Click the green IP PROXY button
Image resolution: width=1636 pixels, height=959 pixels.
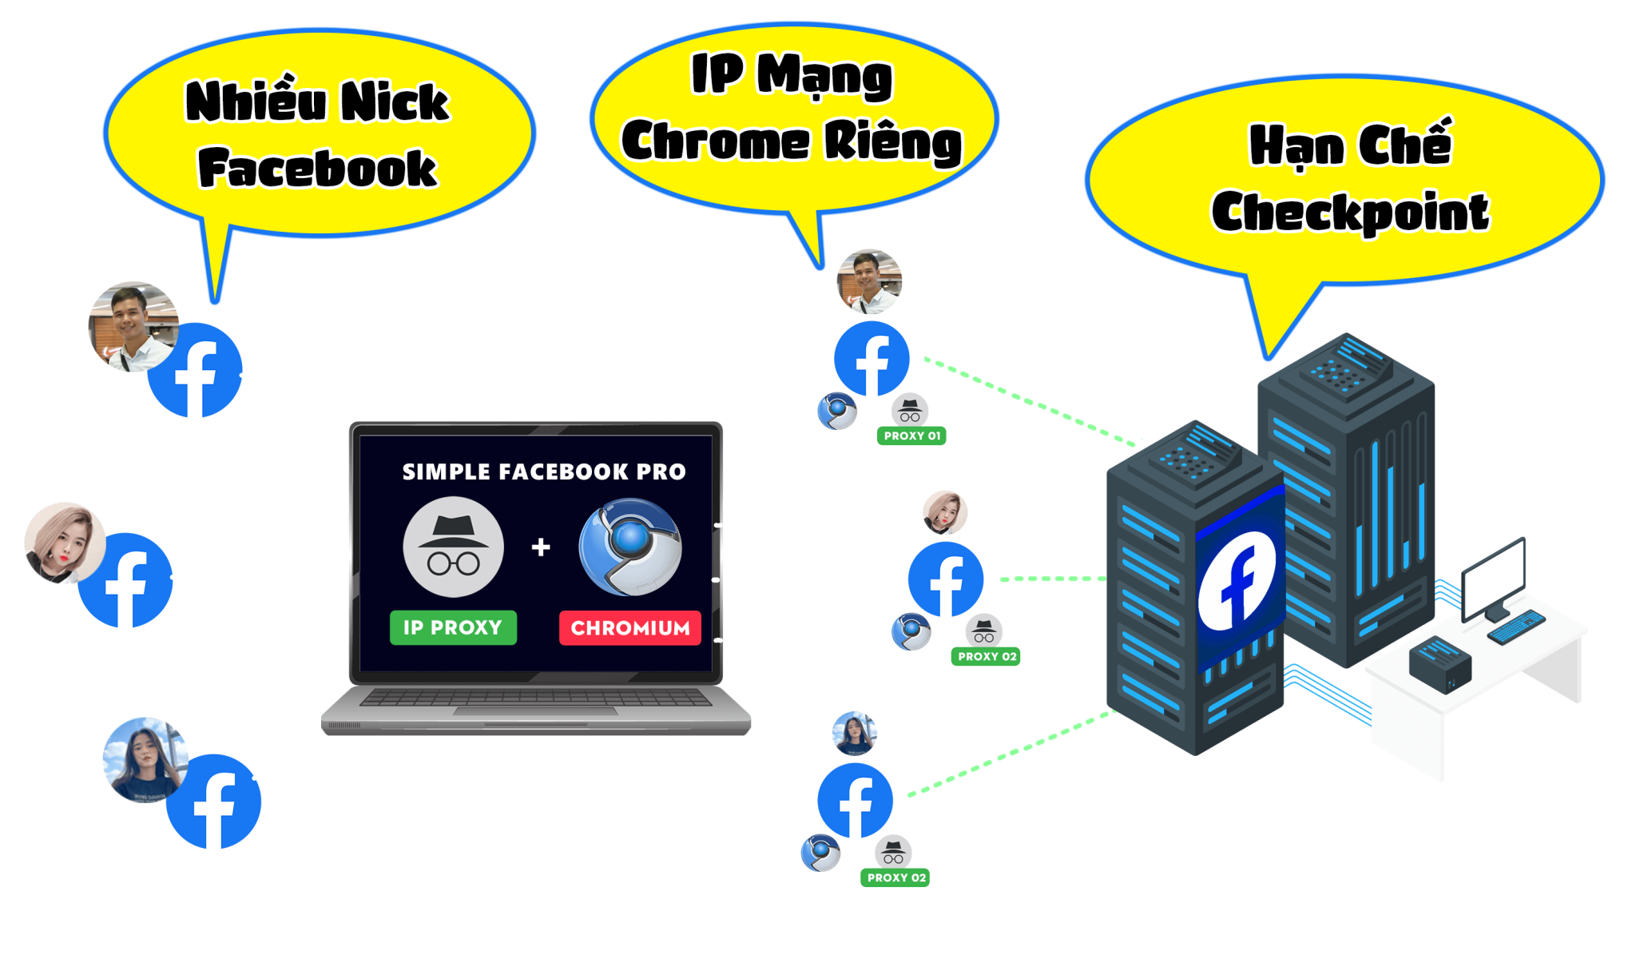point(453,627)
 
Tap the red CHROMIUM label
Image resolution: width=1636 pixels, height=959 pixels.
point(629,628)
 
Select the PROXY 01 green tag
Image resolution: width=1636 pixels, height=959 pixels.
point(911,436)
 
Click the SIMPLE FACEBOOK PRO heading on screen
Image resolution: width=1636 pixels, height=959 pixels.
point(543,472)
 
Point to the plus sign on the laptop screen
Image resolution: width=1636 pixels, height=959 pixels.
point(541,547)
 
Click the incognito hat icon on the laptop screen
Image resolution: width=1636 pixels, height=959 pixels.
point(453,547)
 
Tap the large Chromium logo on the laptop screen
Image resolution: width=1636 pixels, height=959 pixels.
point(630,547)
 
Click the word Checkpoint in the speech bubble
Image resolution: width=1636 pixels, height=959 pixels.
point(1350,213)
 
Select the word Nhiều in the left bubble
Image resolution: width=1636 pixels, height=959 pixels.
point(256,102)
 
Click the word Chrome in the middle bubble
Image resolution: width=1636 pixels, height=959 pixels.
point(716,142)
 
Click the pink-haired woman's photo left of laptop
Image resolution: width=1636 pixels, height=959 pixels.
point(64,542)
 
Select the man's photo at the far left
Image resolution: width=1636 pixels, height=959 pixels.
point(133,326)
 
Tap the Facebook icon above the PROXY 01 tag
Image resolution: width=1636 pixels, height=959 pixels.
point(872,360)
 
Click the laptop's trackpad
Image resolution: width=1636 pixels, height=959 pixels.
point(535,710)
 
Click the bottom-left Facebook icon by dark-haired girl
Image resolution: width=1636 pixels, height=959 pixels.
point(214,802)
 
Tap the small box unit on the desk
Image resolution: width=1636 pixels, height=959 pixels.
point(1439,663)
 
